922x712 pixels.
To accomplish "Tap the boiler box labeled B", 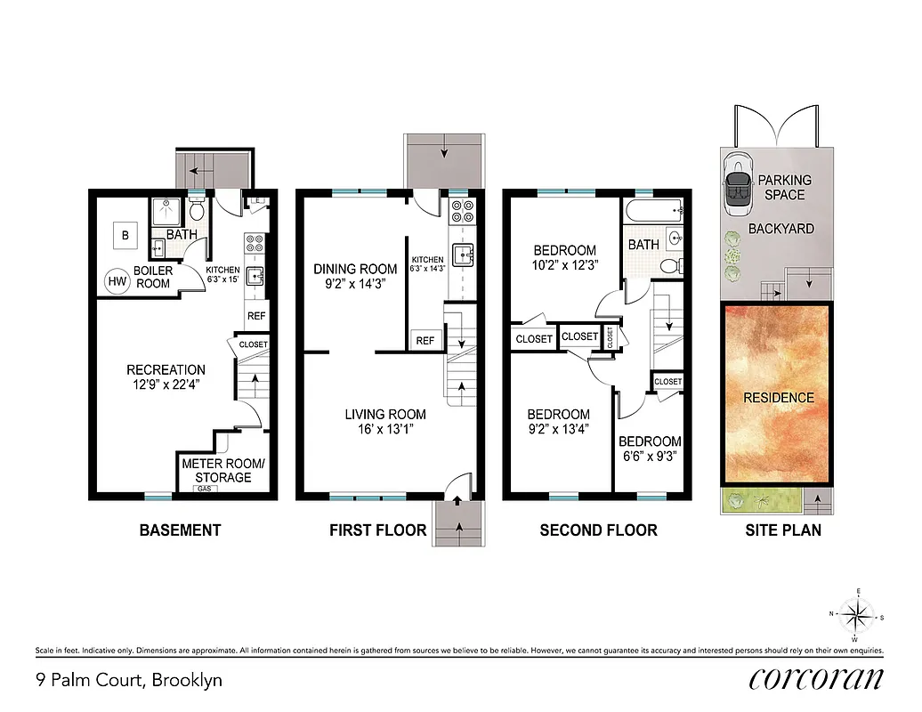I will (x=125, y=235).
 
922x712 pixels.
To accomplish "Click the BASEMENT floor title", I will (x=180, y=530).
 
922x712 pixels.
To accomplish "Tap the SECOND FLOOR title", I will (x=598, y=530).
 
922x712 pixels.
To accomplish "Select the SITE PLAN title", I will (x=782, y=530).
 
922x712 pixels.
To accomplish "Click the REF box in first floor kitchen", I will (x=425, y=340).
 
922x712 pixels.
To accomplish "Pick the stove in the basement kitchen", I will (x=255, y=243).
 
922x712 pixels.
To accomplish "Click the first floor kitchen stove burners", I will (x=462, y=212).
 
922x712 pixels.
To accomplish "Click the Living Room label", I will (x=385, y=414).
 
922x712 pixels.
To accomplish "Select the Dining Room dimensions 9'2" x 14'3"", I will (x=355, y=285).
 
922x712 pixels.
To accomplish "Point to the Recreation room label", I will (x=166, y=369).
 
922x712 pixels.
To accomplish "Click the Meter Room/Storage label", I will (x=216, y=470).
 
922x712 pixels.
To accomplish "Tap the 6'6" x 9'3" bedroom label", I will (x=650, y=459).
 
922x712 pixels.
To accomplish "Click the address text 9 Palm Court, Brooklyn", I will (x=128, y=681).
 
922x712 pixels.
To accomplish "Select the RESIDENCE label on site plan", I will (x=778, y=398).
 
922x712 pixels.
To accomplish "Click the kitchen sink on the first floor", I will (x=463, y=256).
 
